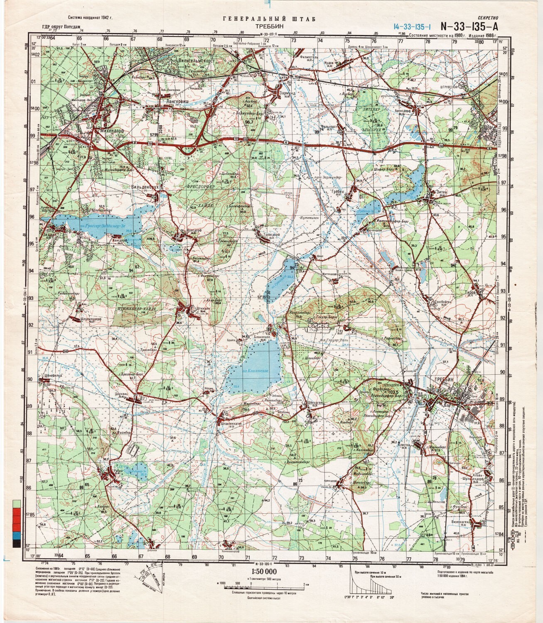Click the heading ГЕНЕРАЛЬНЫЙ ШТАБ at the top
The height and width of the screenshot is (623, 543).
click(x=270, y=19)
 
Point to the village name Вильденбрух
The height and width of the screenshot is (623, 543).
click(x=145, y=187)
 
